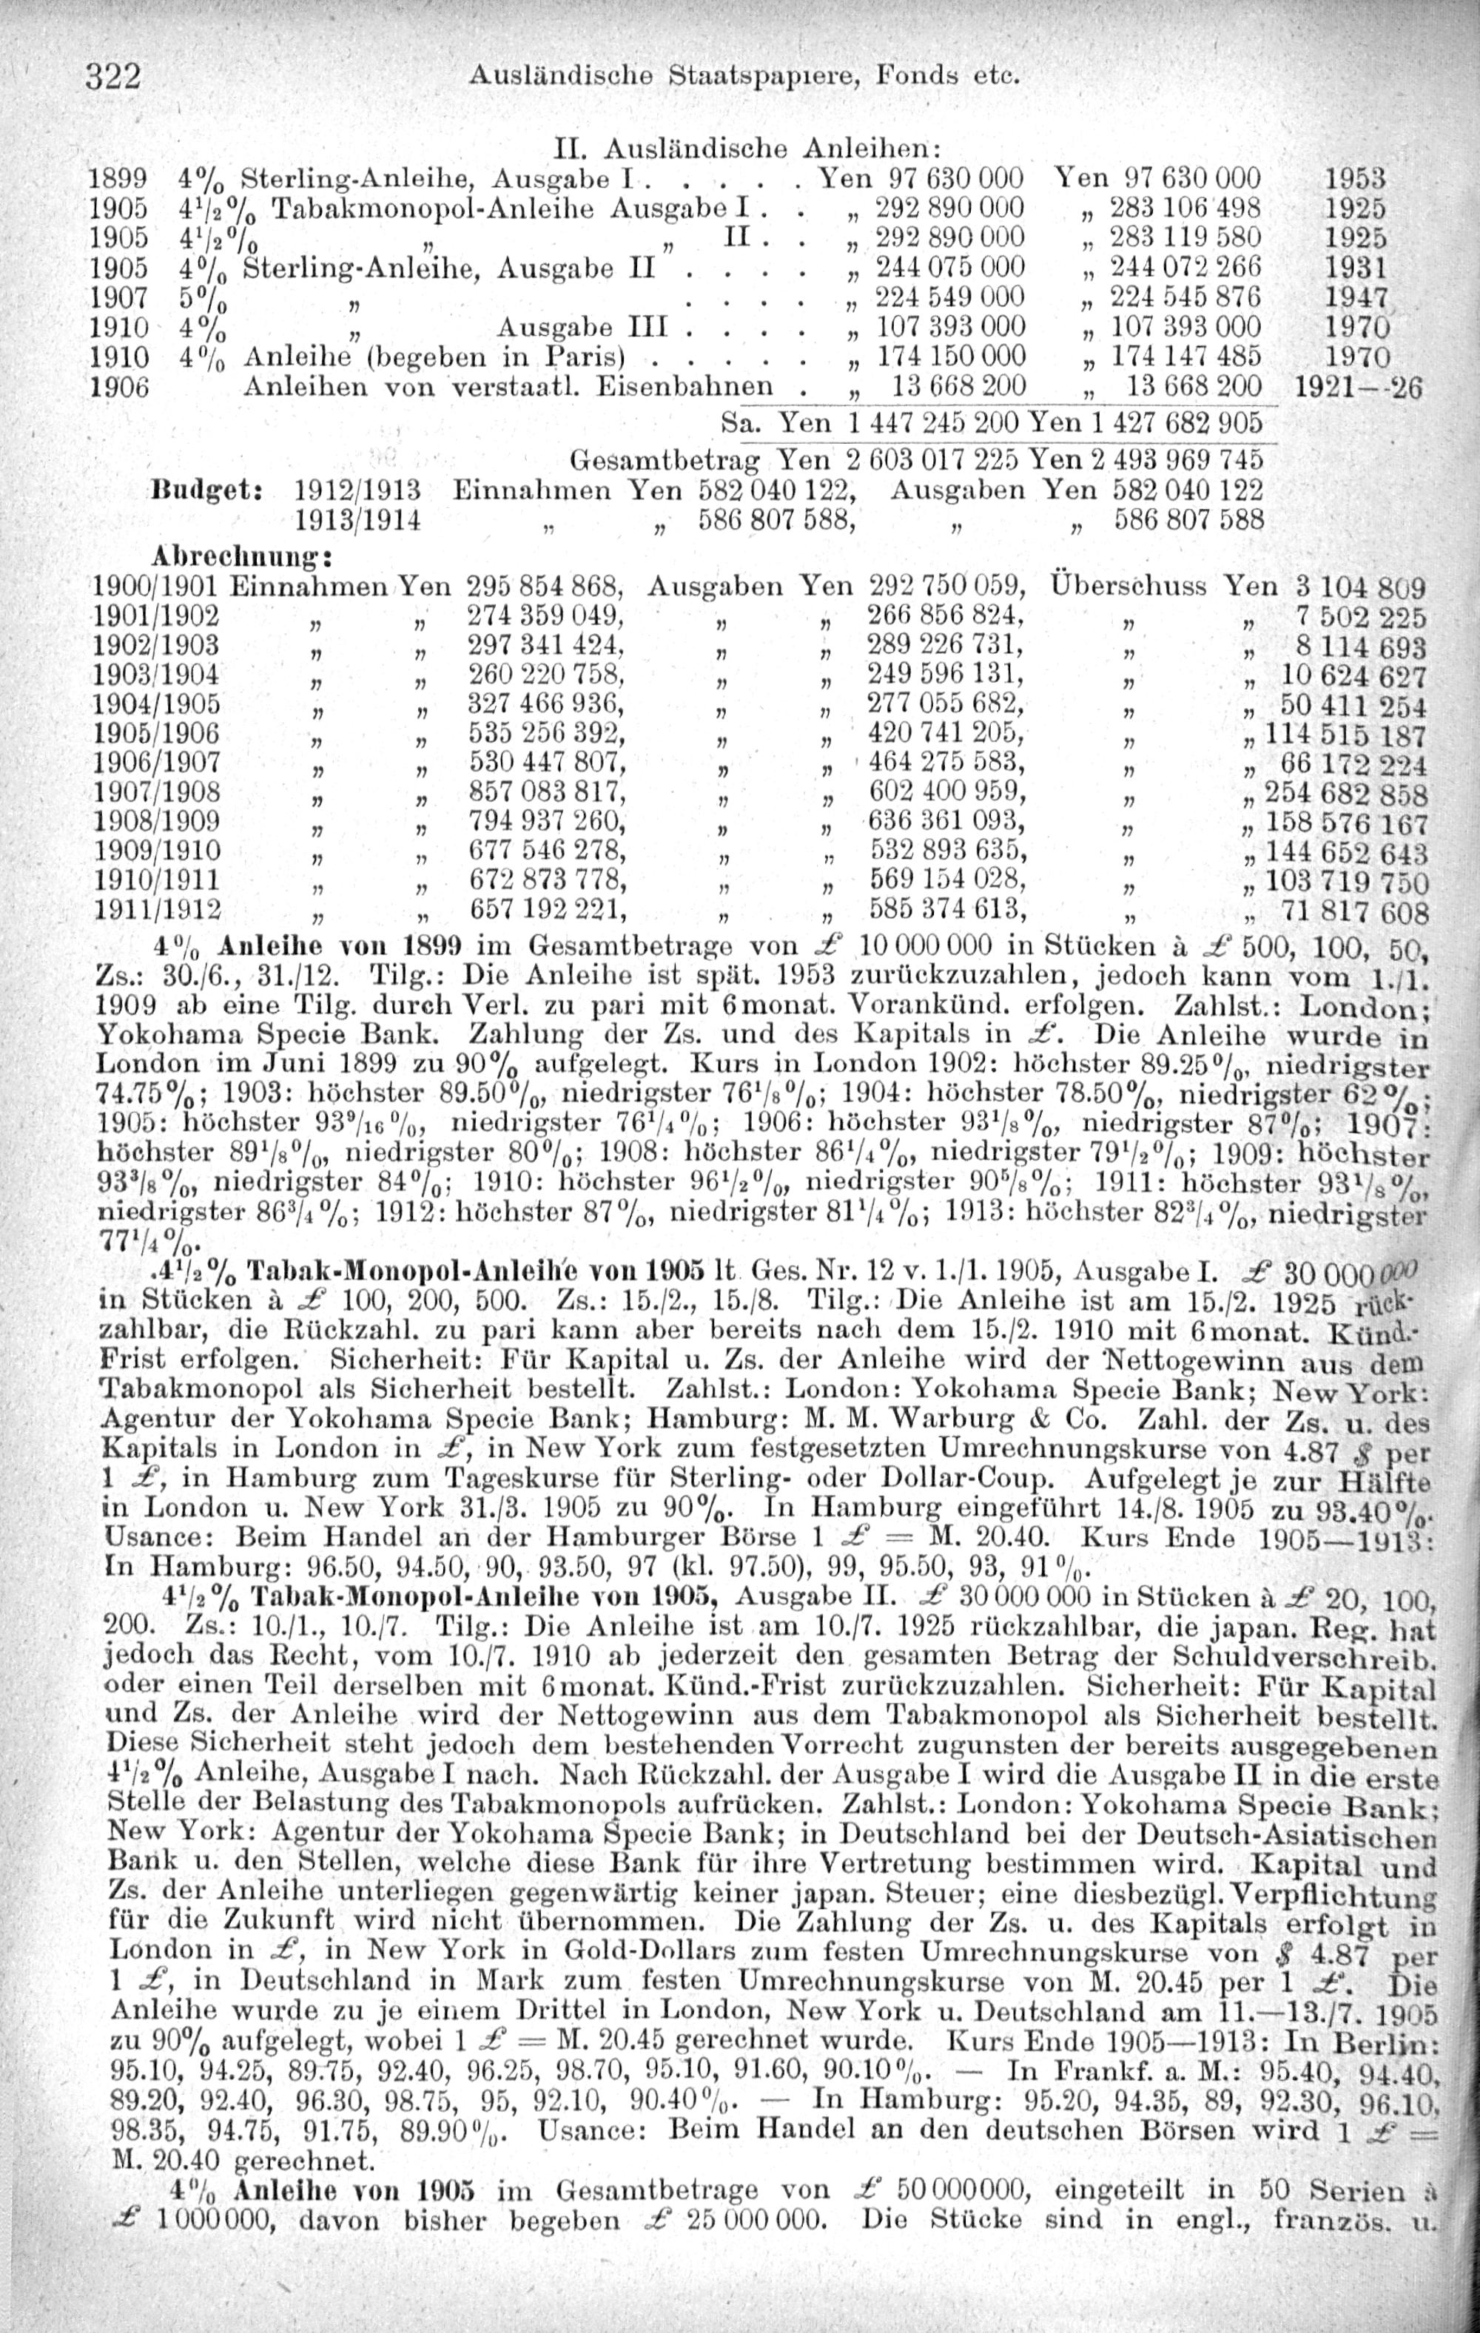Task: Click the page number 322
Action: click(115, 75)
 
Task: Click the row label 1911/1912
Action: click(157, 909)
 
